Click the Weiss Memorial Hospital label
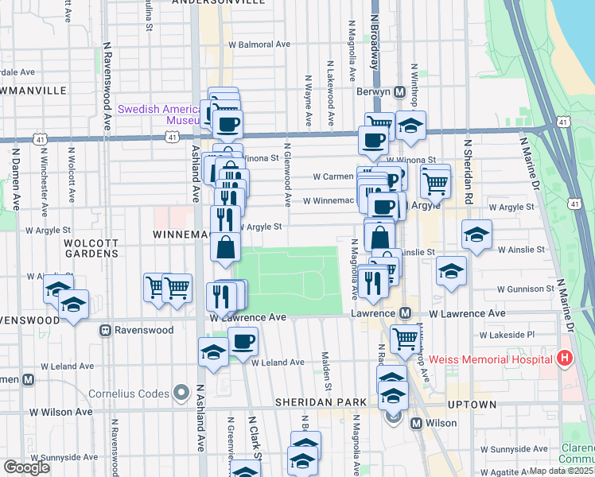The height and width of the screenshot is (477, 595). coord(490,359)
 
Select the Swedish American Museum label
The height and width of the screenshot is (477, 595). coord(159,114)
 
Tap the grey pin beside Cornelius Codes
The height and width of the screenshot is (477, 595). coord(182,393)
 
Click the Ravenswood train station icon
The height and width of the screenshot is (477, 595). coord(104,330)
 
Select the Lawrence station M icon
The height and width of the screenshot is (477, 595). coord(405,314)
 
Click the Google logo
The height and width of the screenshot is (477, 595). coord(26,467)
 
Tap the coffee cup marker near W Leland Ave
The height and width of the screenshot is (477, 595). coord(243,342)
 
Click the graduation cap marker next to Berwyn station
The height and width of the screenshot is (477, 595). coord(410,126)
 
